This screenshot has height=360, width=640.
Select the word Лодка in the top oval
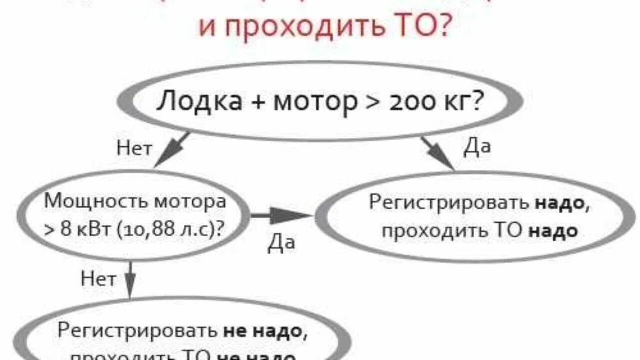point(199,101)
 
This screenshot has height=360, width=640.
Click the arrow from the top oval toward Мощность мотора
point(171,149)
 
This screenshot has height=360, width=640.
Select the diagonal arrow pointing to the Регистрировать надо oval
point(437,152)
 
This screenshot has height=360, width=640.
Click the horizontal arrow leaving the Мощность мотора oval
point(280,216)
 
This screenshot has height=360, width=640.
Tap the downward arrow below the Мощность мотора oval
point(130,279)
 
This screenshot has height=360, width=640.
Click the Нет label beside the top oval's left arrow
point(134,148)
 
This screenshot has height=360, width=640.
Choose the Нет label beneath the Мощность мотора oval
point(98,278)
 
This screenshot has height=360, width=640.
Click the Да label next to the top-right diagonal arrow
point(477,147)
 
